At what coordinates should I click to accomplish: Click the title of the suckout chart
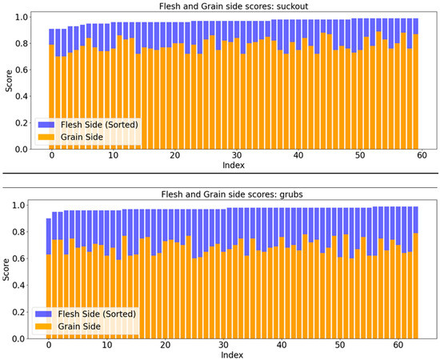(235, 6)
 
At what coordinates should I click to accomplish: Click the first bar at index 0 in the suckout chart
(52, 96)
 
